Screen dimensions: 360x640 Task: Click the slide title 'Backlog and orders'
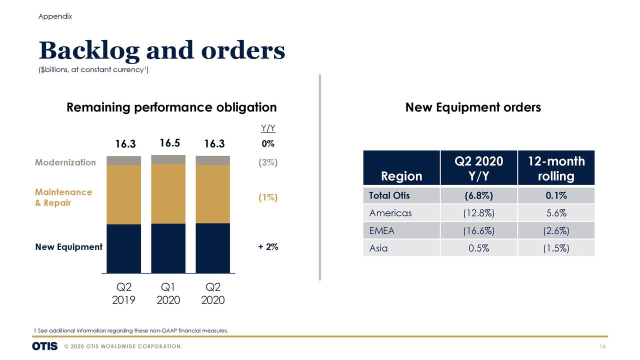click(161, 50)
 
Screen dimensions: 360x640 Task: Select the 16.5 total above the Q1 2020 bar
click(169, 143)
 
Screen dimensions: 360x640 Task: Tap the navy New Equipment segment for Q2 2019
click(123, 248)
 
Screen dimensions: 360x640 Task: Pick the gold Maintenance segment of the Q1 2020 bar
click(168, 193)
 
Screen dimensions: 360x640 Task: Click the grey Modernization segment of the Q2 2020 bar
click(212, 160)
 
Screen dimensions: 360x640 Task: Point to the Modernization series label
click(65, 162)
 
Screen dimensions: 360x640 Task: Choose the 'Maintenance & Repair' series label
click(63, 197)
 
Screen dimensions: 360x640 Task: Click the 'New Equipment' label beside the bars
click(68, 247)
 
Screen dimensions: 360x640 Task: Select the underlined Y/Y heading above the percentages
click(268, 129)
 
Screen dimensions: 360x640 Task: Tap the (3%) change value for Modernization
click(268, 163)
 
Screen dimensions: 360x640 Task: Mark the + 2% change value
click(268, 247)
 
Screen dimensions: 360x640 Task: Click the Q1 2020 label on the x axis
click(168, 293)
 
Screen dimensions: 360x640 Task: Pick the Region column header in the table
click(401, 176)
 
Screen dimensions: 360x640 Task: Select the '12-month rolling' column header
click(555, 168)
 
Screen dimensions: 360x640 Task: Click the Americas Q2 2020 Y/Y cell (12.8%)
click(478, 213)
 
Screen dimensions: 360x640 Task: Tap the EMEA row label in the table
click(381, 230)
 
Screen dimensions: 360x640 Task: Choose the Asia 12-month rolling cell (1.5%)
click(555, 248)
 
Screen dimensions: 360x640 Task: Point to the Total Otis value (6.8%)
click(478, 195)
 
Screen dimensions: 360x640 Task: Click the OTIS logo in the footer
click(44, 346)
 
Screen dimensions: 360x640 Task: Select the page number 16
click(602, 347)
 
